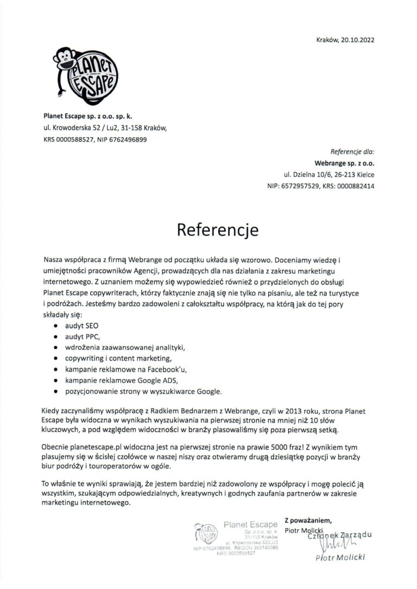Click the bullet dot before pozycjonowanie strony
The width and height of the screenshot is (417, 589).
pyautogui.click(x=56, y=390)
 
